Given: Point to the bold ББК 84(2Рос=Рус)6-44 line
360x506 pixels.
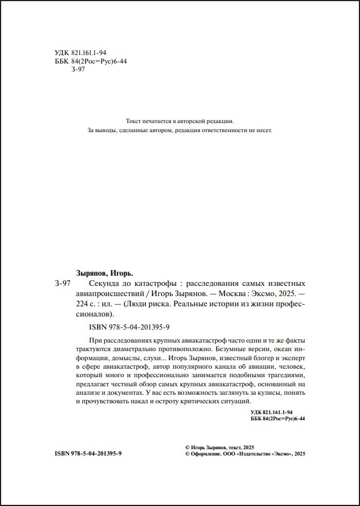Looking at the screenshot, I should [278, 419].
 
